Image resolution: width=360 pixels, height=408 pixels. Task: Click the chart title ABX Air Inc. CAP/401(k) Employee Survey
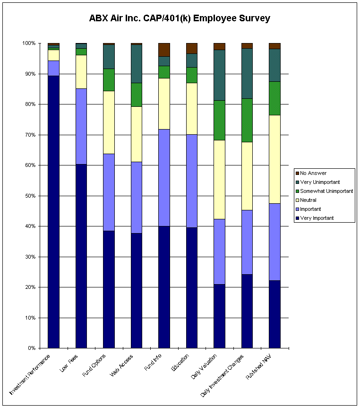(x=180, y=19)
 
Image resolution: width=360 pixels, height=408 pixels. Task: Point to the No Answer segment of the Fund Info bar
(x=164, y=50)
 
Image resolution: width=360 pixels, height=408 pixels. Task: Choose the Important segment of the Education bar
(x=192, y=181)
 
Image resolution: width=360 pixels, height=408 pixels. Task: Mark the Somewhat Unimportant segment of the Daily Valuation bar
(x=219, y=120)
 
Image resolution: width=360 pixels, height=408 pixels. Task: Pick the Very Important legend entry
(x=317, y=218)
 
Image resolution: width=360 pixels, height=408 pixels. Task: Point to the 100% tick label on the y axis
(x=29, y=43)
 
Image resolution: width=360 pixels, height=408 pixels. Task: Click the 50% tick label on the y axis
(x=30, y=196)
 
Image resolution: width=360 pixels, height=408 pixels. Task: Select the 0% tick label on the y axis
(x=32, y=348)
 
